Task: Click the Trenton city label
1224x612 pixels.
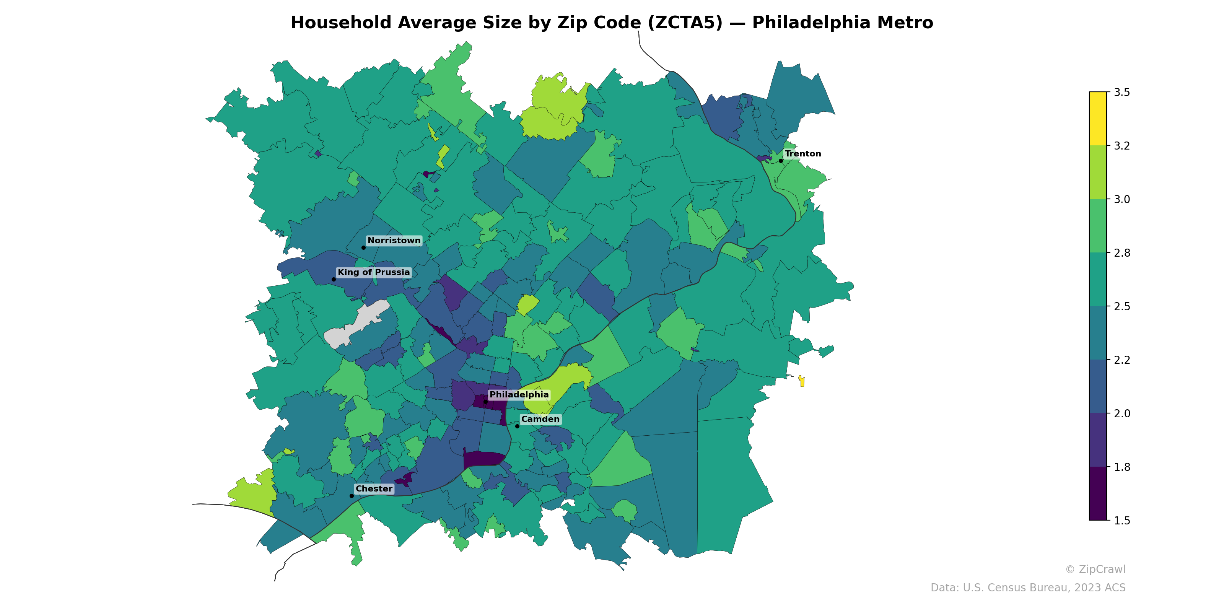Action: point(802,153)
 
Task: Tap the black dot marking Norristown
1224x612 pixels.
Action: point(363,247)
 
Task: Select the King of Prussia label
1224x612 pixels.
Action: point(373,272)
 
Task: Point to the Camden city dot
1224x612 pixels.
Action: point(517,426)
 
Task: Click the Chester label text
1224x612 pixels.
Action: point(374,488)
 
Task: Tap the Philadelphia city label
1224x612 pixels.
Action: point(519,394)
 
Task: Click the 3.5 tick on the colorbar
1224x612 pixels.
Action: point(1121,92)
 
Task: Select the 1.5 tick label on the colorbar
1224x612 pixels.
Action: point(1121,521)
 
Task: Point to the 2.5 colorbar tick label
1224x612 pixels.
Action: point(1121,306)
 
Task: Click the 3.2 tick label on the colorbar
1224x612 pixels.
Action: point(1121,146)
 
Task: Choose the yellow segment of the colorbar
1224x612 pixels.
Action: point(1098,119)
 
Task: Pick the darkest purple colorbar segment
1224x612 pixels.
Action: point(1098,494)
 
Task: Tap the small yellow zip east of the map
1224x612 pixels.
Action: point(802,381)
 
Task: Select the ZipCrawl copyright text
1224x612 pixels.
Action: point(1095,569)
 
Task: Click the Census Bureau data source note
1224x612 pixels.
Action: point(1027,588)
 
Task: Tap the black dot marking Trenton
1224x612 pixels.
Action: point(781,161)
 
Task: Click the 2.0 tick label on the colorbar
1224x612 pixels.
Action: point(1121,413)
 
